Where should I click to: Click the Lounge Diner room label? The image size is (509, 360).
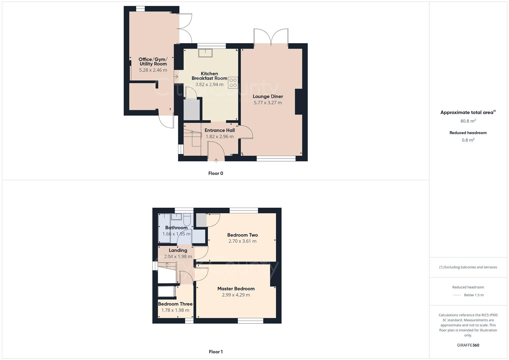tap(268, 96)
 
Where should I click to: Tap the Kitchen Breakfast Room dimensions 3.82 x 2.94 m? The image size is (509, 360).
tap(209, 85)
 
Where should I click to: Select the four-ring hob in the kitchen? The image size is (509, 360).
tap(233, 83)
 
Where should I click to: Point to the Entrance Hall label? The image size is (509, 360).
tap(220, 130)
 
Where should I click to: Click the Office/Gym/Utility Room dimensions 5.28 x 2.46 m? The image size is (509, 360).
tap(153, 70)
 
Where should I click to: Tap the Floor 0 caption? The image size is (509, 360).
tap(216, 173)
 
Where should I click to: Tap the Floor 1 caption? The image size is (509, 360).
tap(216, 352)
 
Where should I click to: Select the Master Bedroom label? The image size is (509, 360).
tap(236, 289)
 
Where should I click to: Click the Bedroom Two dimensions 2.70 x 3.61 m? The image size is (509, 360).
tap(242, 241)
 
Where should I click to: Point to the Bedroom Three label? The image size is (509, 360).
tap(175, 304)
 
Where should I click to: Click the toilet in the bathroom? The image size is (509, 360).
tap(187, 220)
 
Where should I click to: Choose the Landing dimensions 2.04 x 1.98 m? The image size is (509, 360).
tap(178, 256)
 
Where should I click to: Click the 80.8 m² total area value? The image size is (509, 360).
tap(468, 121)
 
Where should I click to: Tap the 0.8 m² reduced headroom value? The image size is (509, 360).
tap(468, 140)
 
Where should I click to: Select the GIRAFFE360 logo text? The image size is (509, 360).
tap(468, 345)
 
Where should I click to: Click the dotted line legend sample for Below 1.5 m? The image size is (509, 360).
tap(457, 295)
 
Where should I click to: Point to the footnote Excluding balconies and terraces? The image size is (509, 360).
tap(468, 267)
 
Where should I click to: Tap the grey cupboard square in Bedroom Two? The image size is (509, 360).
tap(201, 220)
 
